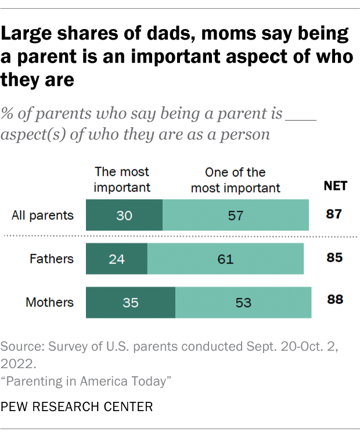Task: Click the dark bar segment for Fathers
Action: (117, 259)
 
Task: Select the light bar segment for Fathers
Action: (225, 259)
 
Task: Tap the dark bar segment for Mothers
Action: (131, 303)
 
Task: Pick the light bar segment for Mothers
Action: (243, 303)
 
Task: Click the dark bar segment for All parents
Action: (124, 215)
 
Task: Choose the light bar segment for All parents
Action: (236, 215)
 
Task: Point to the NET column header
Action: (335, 186)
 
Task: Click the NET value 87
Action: (334, 215)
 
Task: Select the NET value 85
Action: (334, 258)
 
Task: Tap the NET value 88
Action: (334, 300)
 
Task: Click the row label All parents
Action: (43, 215)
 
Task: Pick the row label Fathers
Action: (52, 259)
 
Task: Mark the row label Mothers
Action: (50, 303)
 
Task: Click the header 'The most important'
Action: (122, 179)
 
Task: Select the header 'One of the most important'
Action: (236, 179)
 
